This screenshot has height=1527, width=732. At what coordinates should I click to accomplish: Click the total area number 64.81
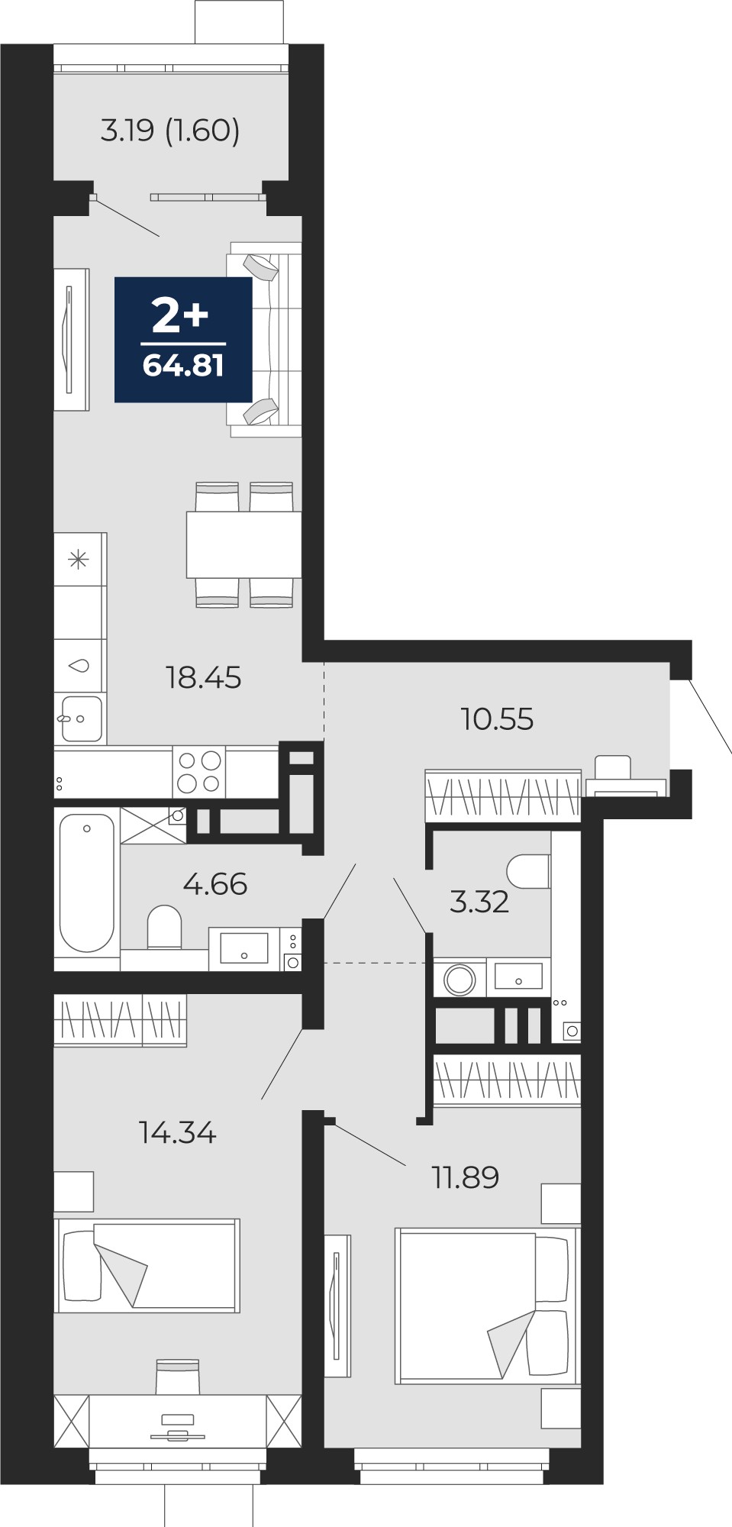[183, 366]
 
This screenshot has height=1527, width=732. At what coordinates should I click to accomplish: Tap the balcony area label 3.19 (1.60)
[170, 131]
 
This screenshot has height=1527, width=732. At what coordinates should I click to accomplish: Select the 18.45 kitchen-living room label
[204, 677]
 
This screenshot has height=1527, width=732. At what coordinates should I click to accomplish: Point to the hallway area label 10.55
[497, 719]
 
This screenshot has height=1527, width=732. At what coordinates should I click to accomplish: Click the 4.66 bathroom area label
[215, 884]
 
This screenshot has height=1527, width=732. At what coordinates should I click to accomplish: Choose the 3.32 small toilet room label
[479, 902]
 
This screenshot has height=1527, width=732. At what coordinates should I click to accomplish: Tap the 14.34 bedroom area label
[178, 1132]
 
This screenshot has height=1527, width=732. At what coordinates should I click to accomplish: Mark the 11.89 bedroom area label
[466, 1177]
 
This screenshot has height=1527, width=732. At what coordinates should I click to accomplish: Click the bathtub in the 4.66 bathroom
[87, 883]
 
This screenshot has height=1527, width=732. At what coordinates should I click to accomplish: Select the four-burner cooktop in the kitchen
[199, 771]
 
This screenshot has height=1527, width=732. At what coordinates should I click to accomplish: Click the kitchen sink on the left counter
[80, 718]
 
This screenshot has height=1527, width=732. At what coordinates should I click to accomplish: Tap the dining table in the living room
[244, 544]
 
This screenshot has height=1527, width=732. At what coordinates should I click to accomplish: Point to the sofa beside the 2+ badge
[265, 339]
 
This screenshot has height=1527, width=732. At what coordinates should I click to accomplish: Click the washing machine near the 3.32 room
[460, 979]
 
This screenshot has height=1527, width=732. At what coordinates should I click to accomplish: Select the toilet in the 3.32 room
[529, 871]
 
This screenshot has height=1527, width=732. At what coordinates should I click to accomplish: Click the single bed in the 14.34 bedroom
[147, 1265]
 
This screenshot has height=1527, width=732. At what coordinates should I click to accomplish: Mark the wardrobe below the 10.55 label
[503, 796]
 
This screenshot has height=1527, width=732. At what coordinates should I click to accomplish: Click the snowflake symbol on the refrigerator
[79, 560]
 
